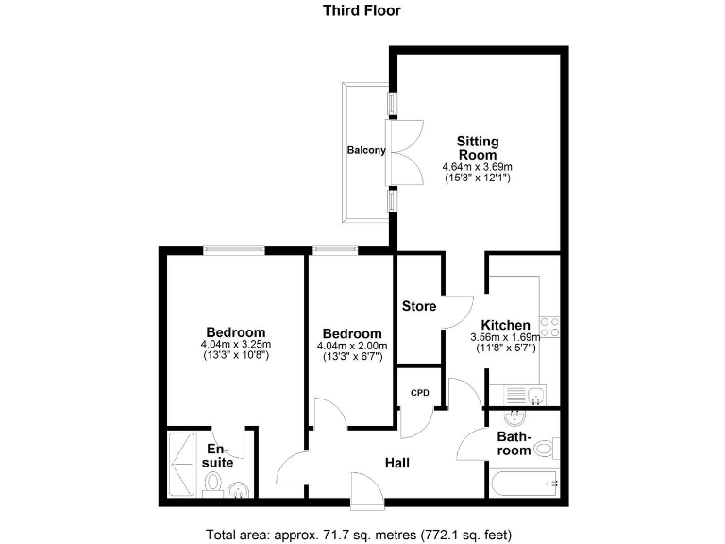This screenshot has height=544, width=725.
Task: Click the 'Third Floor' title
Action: point(362,11)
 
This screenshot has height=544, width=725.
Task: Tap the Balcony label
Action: point(365,150)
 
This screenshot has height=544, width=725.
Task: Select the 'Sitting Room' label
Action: point(478,148)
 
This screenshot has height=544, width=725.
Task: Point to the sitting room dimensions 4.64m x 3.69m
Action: point(478,167)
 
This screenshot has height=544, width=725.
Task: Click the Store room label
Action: point(419,306)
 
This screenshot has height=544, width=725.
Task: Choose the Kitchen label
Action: point(505,325)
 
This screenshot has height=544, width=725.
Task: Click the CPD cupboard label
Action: point(419,391)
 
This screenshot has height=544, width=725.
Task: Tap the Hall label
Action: point(397,464)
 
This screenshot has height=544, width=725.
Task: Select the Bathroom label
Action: point(514,444)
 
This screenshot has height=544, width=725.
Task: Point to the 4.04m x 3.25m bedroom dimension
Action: point(236,344)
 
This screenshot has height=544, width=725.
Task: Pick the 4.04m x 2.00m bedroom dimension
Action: point(352,346)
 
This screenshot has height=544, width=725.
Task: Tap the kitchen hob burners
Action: point(550,329)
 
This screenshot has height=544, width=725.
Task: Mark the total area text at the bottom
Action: point(359,535)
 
